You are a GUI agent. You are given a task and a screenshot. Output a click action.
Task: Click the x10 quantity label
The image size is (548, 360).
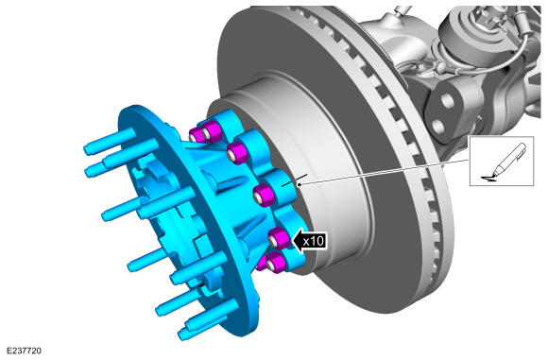tap(314, 241)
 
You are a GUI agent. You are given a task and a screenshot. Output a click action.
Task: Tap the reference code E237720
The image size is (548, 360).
tap(24, 351)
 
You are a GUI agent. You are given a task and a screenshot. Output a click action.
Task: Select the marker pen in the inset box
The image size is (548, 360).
tap(508, 160)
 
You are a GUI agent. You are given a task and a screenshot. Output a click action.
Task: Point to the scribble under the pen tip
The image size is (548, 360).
tap(488, 179)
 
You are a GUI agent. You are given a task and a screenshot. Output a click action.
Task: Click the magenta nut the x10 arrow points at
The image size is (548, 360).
tap(280, 238)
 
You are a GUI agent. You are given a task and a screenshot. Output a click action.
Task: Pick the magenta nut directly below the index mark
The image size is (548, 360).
tap(264, 196)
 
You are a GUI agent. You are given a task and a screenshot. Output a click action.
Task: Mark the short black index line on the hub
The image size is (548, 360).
tap(295, 180)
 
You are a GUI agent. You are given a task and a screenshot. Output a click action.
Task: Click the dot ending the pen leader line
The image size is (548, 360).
tap(300, 184)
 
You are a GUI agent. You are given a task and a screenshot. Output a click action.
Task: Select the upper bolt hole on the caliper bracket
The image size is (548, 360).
tap(447, 101)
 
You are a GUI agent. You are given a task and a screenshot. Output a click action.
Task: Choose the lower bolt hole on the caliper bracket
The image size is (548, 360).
tap(437, 127)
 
